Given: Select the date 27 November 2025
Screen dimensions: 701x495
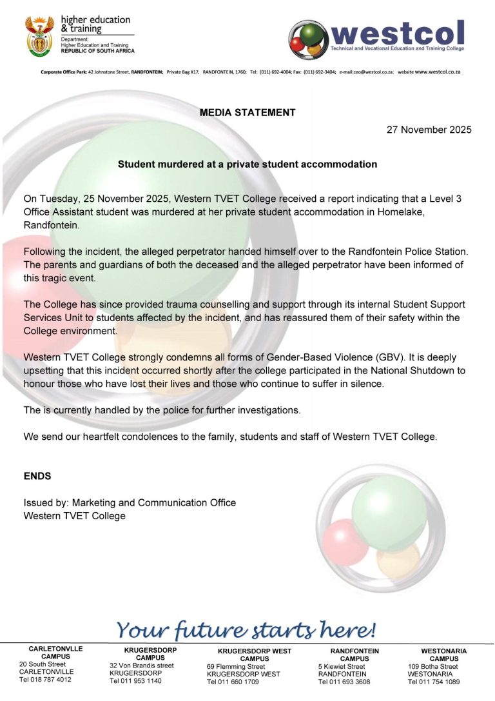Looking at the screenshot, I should (429, 130).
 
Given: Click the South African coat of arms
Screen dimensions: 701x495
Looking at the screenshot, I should (39, 36).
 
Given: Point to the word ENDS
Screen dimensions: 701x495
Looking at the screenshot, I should (37, 476).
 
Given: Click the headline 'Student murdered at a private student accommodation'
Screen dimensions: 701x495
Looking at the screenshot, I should (247, 164).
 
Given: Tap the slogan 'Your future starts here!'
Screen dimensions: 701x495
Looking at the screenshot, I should (246, 629).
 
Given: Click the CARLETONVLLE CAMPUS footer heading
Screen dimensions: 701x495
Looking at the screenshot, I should (55, 653).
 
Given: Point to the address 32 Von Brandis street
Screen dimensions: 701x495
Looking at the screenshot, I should (142, 666).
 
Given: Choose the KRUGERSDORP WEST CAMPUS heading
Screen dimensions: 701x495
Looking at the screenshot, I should (255, 655).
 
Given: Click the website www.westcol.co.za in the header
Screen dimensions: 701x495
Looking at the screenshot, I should (442, 72).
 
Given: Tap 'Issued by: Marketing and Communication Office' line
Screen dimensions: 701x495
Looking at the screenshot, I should (130, 502).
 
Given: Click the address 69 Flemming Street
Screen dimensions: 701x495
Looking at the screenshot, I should (236, 666).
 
